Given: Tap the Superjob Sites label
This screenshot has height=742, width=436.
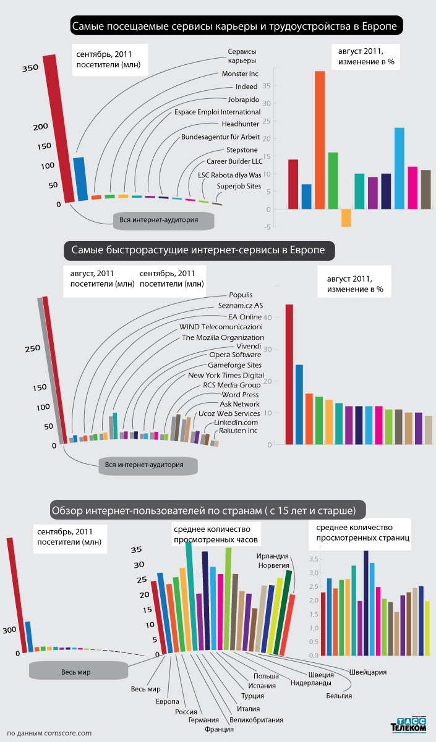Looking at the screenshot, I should point(239,186).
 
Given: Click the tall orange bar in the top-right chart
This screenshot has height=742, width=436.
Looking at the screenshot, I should point(320,140).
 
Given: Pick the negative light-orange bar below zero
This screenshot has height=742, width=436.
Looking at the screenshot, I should point(346,217).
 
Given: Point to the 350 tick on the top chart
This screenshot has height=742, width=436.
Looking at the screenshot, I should point(30,69).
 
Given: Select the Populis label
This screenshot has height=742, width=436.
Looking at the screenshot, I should point(241,295).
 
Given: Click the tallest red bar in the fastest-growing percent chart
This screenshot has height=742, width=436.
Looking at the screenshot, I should point(289,374).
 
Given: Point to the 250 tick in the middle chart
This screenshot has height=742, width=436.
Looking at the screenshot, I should point(32,349).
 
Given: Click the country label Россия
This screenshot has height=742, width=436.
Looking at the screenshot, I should point(186,712).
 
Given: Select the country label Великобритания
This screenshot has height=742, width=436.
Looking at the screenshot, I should point(256,720).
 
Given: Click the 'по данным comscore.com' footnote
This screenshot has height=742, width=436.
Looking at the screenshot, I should point(49,733).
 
